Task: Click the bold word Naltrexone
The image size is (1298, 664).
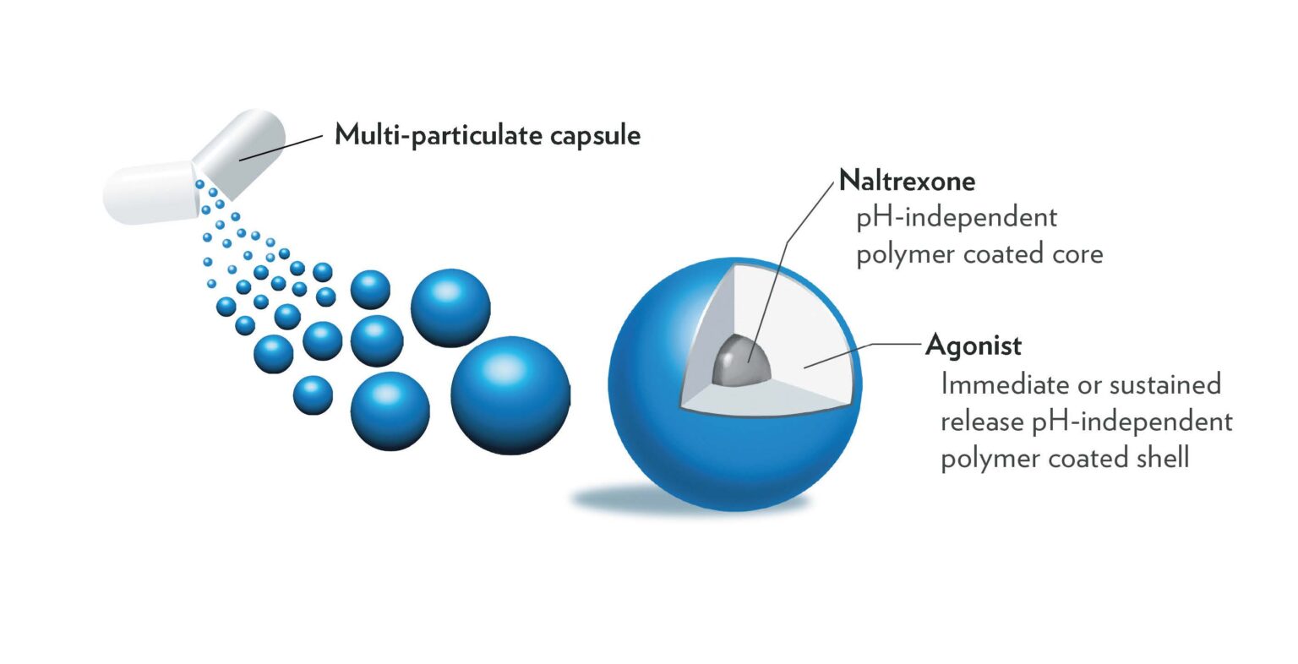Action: point(907,180)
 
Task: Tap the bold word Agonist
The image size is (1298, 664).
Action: point(973,345)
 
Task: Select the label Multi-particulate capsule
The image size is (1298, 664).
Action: point(488,134)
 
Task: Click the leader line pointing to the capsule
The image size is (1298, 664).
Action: point(283,145)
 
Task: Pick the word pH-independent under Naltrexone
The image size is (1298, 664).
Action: point(957,217)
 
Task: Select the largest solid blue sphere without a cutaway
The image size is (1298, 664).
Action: point(510,395)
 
